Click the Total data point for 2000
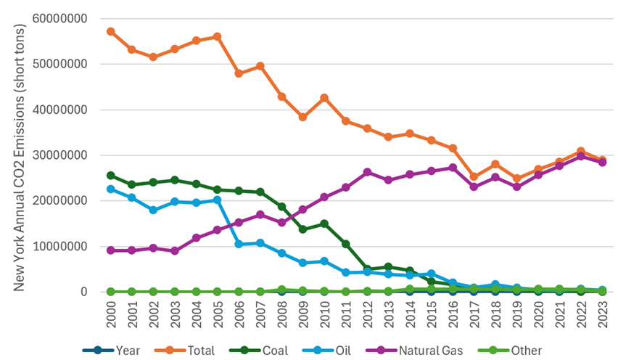(x=111, y=31)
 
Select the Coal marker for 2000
(x=111, y=175)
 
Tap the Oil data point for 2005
(x=218, y=200)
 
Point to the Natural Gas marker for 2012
(x=368, y=172)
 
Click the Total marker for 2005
(x=218, y=36)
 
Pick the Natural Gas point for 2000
(x=111, y=250)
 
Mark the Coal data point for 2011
(x=346, y=244)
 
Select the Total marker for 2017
(x=474, y=176)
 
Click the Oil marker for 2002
(x=154, y=210)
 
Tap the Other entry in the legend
(x=516, y=351)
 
